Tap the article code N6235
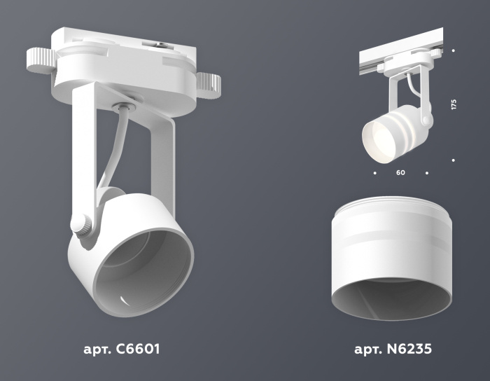click(415, 348)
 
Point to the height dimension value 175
click(454, 105)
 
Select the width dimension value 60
click(400, 172)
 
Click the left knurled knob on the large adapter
click(39, 60)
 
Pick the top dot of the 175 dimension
click(454, 50)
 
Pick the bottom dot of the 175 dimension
click(454, 160)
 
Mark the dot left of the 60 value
click(375, 172)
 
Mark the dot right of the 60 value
click(426, 172)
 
